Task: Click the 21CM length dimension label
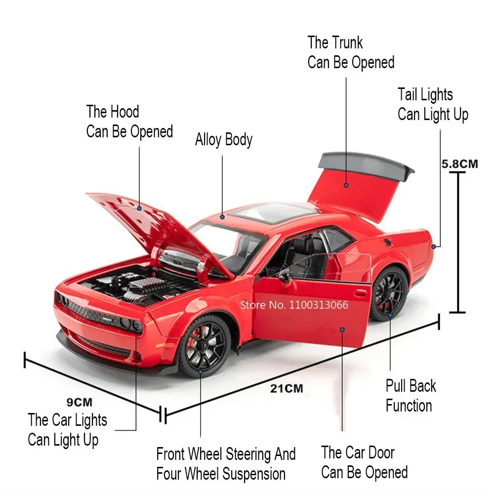(287, 388)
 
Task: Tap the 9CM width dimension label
(79, 403)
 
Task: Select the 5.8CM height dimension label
(459, 164)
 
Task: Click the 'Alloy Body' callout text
(223, 140)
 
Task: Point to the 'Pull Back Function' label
(410, 396)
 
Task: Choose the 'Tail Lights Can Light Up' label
(433, 104)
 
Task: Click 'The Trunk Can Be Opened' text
(351, 52)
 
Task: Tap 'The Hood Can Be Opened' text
(129, 122)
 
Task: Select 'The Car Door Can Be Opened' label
(364, 462)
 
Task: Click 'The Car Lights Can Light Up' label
(67, 430)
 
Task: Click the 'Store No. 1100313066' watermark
(294, 305)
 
